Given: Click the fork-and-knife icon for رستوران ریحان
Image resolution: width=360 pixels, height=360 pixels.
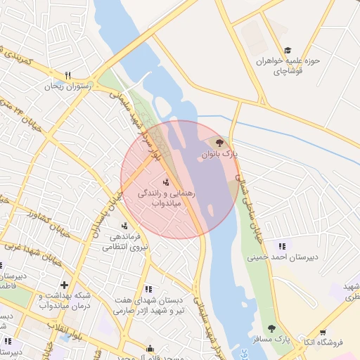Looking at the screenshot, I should coord(68,75).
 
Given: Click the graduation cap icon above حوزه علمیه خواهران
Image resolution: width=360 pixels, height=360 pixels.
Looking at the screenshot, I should coord(287,50).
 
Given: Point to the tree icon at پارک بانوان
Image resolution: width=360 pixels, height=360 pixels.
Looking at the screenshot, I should coord(220,142).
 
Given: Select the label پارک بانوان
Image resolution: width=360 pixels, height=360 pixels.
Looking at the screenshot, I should coord(220,153).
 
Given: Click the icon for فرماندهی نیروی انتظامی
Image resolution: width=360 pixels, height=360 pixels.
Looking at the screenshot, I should coord(124,226).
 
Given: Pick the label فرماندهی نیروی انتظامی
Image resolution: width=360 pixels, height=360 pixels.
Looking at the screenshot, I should coord(126,242).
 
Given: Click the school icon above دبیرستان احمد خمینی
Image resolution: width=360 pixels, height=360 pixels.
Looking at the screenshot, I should coord(282,245).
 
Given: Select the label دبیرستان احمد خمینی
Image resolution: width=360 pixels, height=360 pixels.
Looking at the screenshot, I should coord(282,257).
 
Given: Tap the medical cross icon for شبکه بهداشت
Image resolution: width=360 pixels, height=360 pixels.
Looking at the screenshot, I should coord(64,285).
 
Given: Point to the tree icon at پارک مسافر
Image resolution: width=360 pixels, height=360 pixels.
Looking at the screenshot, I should coord(271,328).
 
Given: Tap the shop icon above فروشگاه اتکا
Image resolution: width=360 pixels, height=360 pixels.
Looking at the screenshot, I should coord(323,333).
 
